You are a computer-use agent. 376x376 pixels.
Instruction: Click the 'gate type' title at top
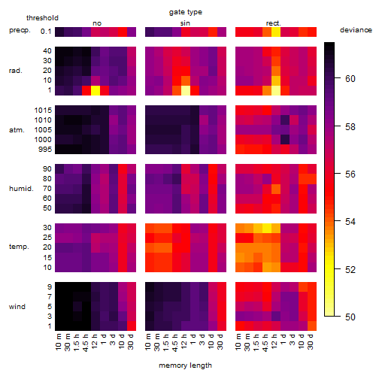pyautogui.click(x=186, y=12)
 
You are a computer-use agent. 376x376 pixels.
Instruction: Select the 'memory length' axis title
pyautogui.click(x=185, y=365)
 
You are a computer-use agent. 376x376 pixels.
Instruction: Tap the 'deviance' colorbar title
pyautogui.click(x=356, y=30)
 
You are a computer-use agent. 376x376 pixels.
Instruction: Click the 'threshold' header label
pyautogui.click(x=42, y=18)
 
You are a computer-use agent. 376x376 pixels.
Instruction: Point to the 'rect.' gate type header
pyautogui.click(x=274, y=23)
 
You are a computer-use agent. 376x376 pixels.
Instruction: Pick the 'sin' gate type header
pyautogui.click(x=185, y=23)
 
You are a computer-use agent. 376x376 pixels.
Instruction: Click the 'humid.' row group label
pyautogui.click(x=21, y=189)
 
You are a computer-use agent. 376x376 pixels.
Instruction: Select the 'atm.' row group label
pyautogui.click(x=17, y=130)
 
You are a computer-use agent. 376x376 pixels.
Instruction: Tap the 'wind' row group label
pyautogui.click(x=17, y=307)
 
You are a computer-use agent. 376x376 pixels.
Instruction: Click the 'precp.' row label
pyautogui.click(x=20, y=30)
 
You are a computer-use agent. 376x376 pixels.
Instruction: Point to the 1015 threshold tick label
pyautogui.click(x=43, y=111)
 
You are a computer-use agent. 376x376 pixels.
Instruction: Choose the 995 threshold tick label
pyautogui.click(x=45, y=150)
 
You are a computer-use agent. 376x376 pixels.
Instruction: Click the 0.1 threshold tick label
pyautogui.click(x=46, y=32)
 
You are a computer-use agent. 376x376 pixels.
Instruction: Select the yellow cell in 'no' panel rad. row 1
pyautogui.click(x=96, y=90)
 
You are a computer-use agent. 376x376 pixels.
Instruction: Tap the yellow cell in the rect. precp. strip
pyautogui.click(x=276, y=32)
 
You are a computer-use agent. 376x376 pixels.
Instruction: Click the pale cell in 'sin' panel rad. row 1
pyautogui.click(x=186, y=90)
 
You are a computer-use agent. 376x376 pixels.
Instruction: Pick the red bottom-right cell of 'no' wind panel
pyautogui.click(x=132, y=326)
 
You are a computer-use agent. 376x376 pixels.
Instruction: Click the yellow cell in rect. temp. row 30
pyautogui.click(x=267, y=228)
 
